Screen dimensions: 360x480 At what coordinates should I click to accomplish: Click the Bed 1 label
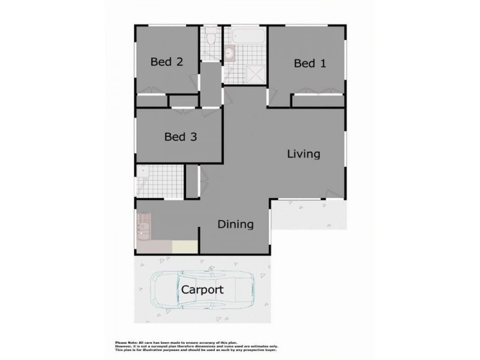pos(310,64)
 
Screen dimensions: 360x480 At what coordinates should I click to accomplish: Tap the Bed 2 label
pos(166,61)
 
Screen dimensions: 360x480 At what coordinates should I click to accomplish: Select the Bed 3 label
pos(181,137)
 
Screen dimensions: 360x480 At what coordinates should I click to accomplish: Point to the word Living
pos(303,154)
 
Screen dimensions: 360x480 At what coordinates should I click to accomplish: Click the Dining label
pos(235,224)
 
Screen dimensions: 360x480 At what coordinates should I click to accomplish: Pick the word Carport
pos(202,290)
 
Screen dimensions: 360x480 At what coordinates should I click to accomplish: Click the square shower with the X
pos(256,74)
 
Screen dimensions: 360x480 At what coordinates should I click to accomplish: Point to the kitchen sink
pos(143,229)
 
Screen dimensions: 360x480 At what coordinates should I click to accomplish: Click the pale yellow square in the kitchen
pos(185,247)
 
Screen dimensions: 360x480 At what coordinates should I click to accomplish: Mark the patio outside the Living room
pos(309,214)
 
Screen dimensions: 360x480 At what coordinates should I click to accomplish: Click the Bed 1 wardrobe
pos(318,101)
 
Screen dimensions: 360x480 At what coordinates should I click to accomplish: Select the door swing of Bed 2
pos(193,80)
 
